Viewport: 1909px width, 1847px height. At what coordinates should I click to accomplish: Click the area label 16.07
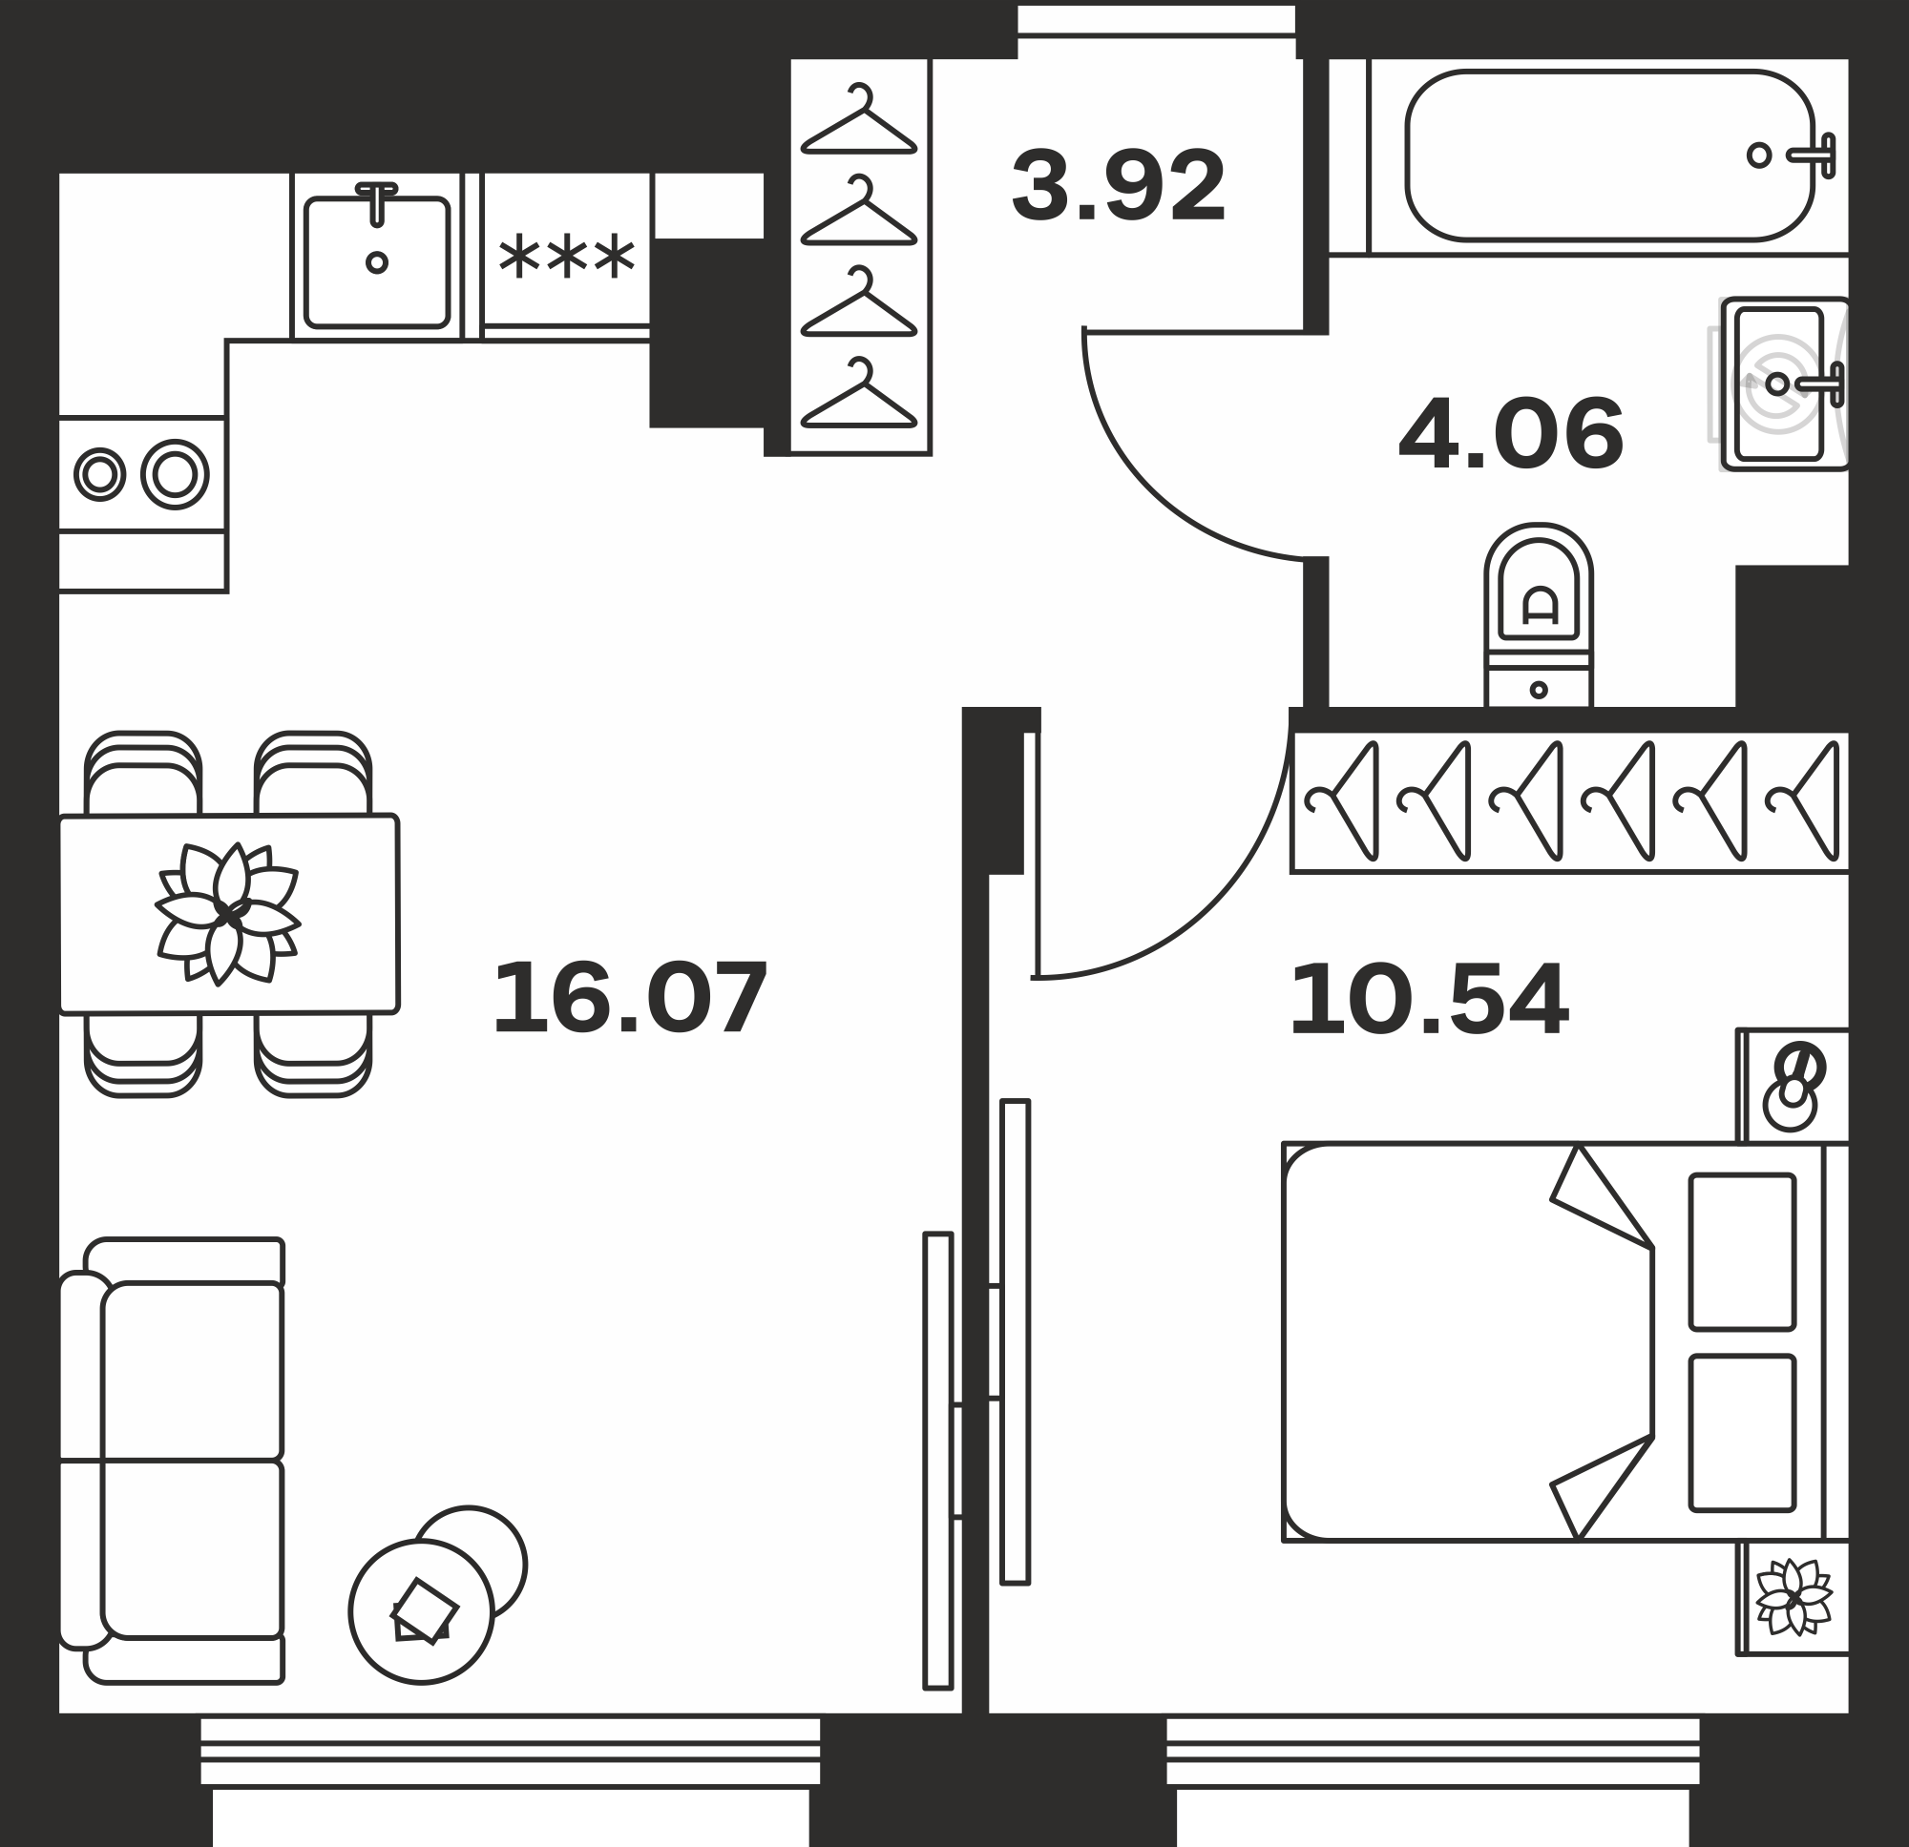tap(630, 998)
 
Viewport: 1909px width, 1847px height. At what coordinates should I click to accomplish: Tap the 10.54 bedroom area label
tap(1429, 1000)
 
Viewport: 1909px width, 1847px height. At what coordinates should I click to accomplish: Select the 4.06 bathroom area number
tap(1511, 434)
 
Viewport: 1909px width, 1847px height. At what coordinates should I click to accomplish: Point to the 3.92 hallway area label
tap(1118, 186)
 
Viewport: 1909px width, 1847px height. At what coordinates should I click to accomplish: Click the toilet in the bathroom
tap(1538, 615)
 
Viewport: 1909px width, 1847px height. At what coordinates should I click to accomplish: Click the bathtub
tap(1608, 156)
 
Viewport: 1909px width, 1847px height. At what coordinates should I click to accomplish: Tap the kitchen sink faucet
tap(377, 202)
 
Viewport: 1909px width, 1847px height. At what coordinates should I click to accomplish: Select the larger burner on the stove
tap(176, 475)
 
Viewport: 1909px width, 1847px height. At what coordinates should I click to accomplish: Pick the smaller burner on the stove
tap(99, 475)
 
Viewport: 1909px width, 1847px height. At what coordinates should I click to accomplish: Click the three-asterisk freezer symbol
tap(567, 258)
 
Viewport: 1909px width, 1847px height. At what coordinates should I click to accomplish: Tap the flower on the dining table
tap(228, 913)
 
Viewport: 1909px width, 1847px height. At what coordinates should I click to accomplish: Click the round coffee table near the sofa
tap(422, 1611)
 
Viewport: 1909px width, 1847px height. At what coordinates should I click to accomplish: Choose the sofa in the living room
tap(172, 1460)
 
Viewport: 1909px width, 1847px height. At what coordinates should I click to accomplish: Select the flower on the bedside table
tap(1794, 1598)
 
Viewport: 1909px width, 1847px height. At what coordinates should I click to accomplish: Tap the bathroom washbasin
tap(1784, 384)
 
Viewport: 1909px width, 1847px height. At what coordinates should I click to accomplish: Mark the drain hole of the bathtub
tap(1759, 155)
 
